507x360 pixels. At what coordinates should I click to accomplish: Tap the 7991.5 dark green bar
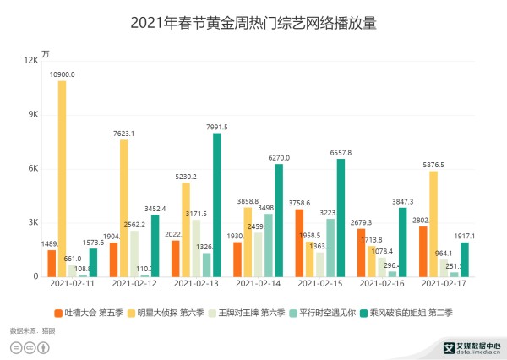pyautogui.click(x=217, y=205)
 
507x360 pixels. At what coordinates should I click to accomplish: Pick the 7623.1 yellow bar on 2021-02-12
pyautogui.click(x=124, y=209)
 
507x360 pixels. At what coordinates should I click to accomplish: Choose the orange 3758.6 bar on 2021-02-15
pyautogui.click(x=300, y=243)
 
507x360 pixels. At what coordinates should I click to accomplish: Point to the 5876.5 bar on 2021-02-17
pyautogui.click(x=433, y=224)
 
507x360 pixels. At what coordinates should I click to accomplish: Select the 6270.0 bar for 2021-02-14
pyautogui.click(x=279, y=221)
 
